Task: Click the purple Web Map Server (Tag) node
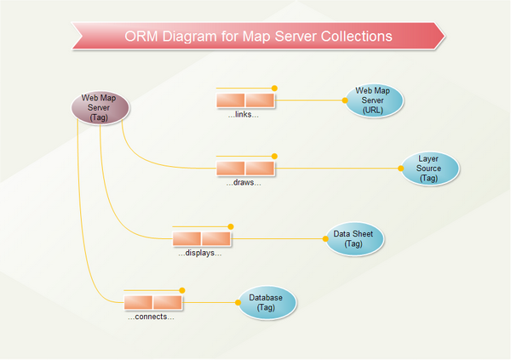pos(100,108)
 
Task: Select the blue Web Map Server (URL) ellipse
pos(372,100)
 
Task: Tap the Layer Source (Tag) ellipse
pos(428,169)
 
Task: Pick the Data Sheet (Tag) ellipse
pos(353,238)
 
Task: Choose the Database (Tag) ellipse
pos(267,303)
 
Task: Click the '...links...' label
pos(243,114)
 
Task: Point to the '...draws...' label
pos(244,183)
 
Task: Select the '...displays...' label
pos(200,253)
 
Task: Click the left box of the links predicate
pos(231,100)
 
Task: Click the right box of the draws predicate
pos(260,169)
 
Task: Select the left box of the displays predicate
pos(187,239)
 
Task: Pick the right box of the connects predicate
pos(166,302)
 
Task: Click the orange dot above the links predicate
pos(274,87)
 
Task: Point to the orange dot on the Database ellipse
pos(238,302)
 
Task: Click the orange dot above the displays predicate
pos(230,226)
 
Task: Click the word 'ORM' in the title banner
pos(142,37)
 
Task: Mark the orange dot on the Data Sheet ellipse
pos(326,239)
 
